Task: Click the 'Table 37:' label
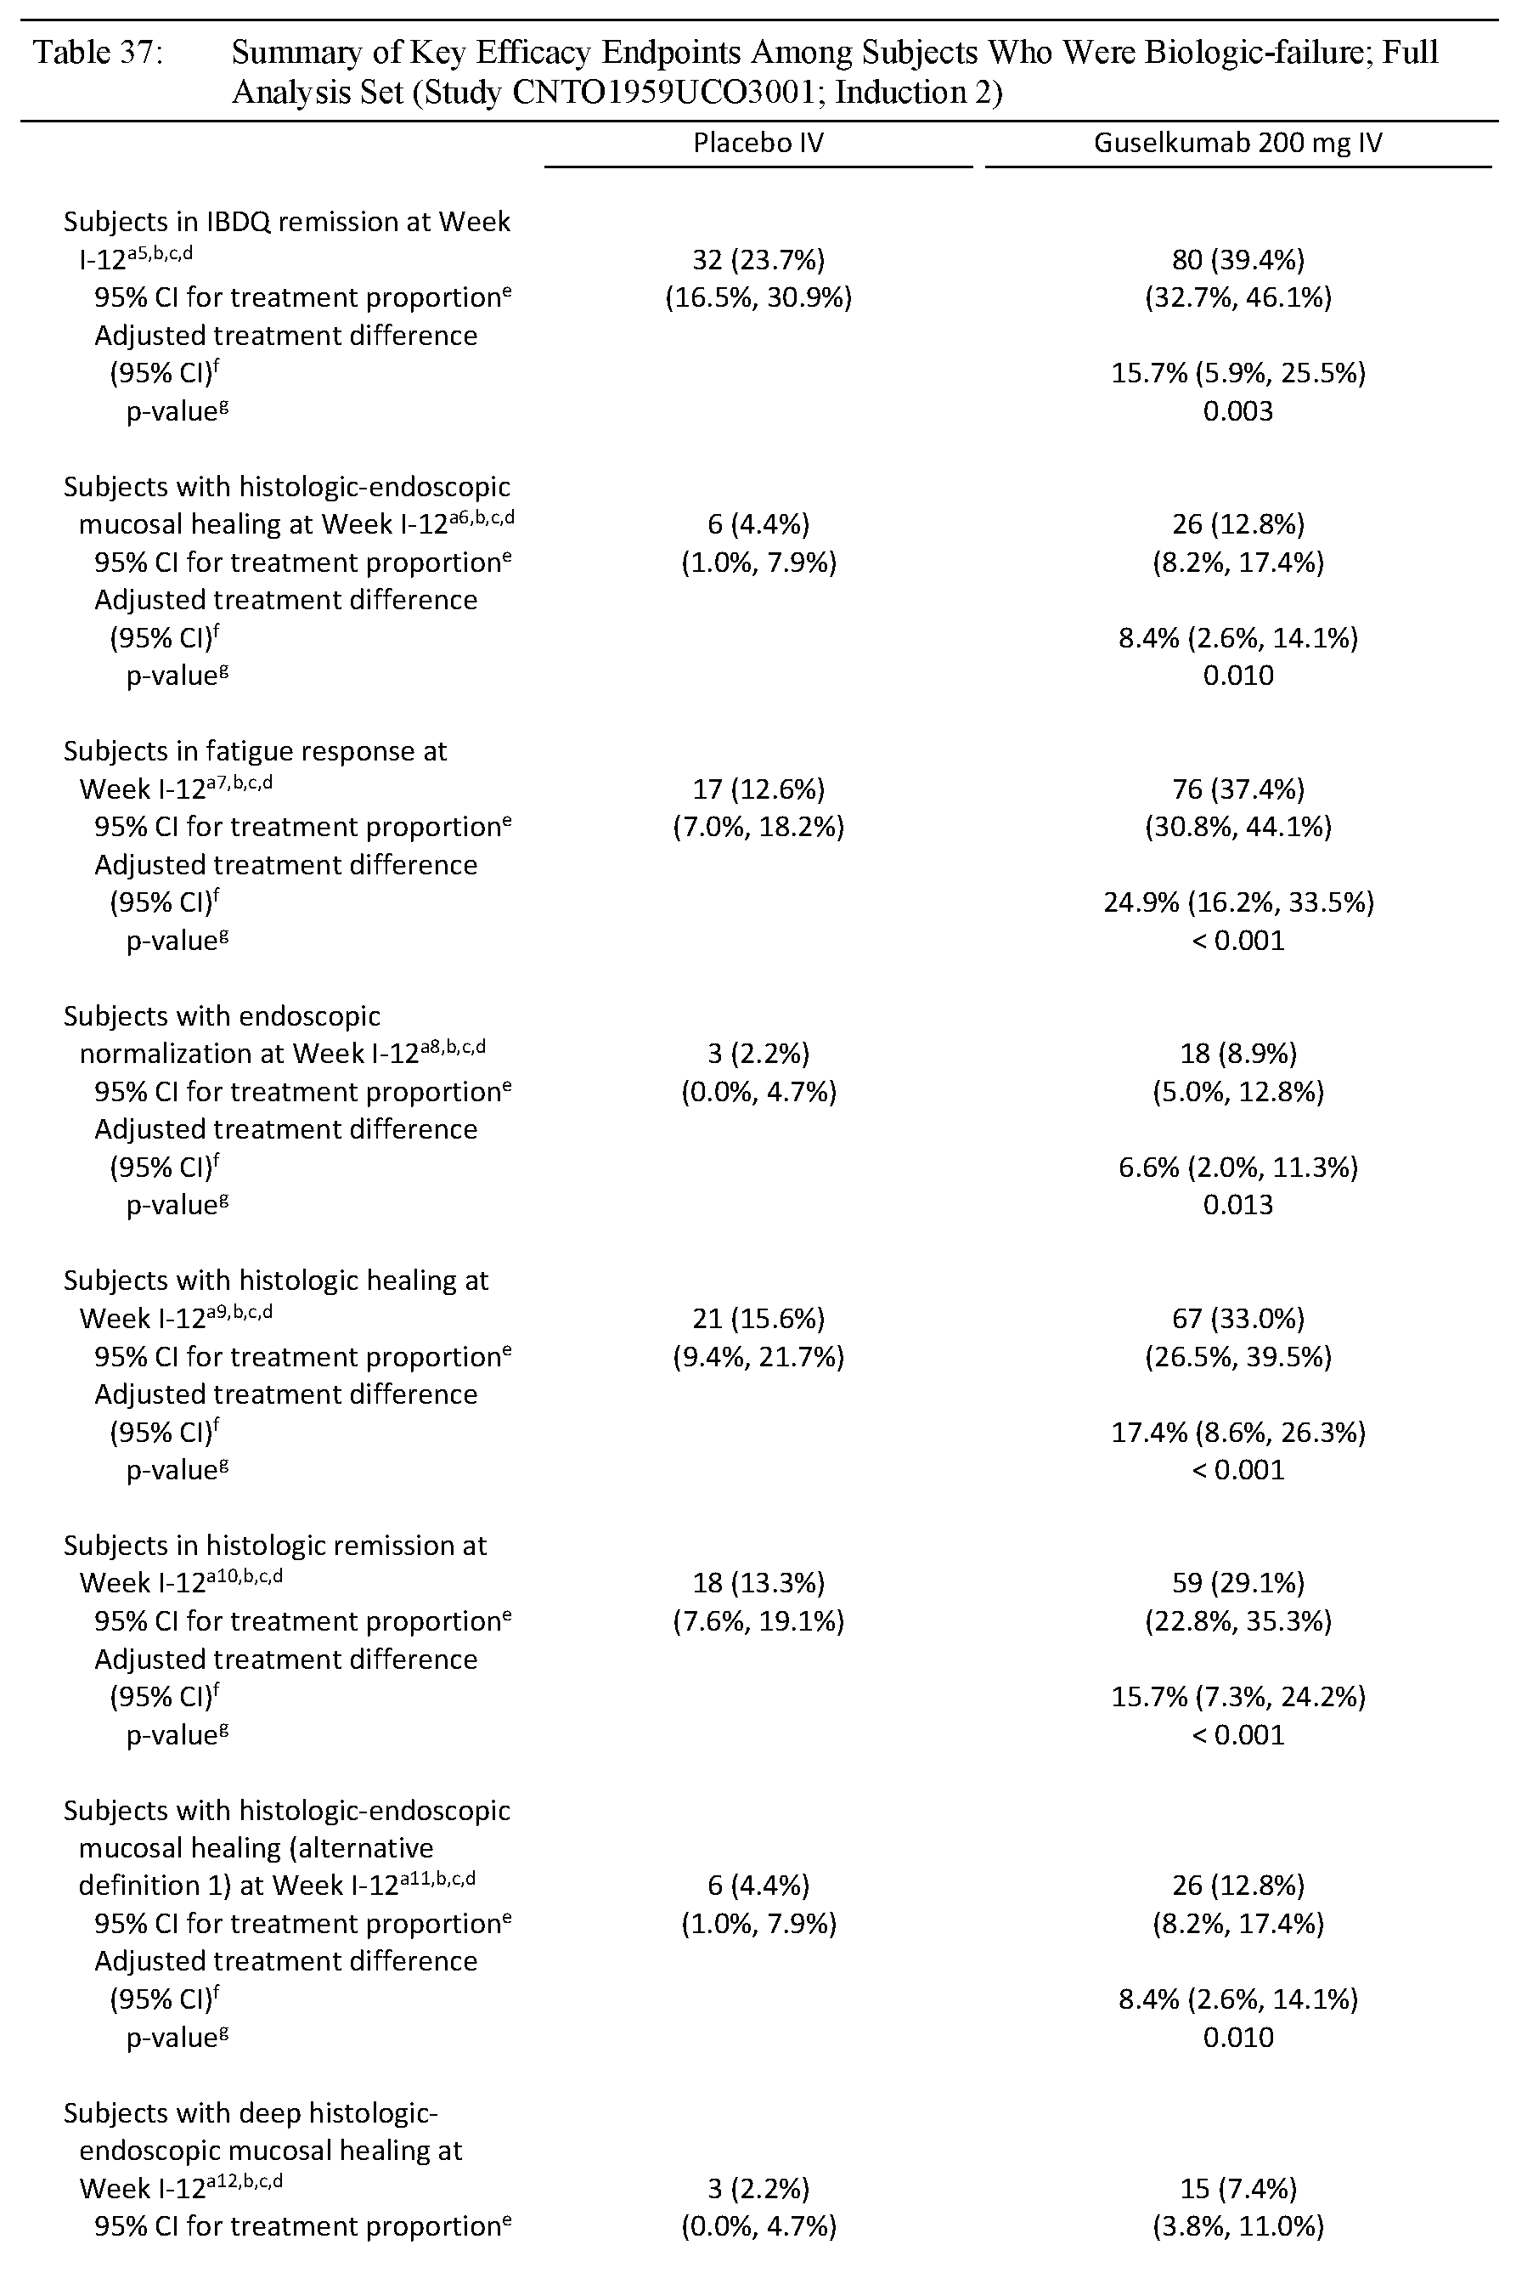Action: point(98,52)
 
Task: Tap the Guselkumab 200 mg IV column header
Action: point(1237,143)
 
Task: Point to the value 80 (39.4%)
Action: point(1237,259)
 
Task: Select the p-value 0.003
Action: point(1237,411)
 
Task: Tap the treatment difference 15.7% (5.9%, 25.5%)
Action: point(1237,373)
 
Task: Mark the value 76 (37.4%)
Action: point(1237,789)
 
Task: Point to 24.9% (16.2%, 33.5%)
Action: point(1237,902)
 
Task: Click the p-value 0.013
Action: point(1237,1205)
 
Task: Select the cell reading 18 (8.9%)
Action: point(1237,1053)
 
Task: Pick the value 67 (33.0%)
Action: point(1237,1318)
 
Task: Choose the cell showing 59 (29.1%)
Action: point(1237,1583)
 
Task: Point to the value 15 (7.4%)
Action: point(1237,2189)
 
